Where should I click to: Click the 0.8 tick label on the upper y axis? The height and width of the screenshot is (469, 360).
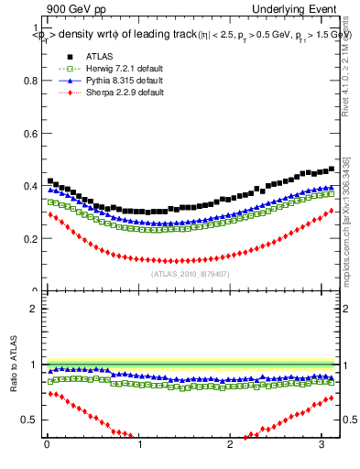pyautogui.click(x=29, y=81)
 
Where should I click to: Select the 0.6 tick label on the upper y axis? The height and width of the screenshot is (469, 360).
pyautogui.click(x=29, y=134)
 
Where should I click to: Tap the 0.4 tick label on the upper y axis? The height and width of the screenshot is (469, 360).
pyautogui.click(x=29, y=186)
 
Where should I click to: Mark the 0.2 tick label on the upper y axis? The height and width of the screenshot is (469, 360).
pyautogui.click(x=29, y=239)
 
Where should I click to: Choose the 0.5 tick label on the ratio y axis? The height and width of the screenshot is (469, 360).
pyautogui.click(x=29, y=421)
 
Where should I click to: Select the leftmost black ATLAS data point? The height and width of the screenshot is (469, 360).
pyautogui.click(x=50, y=181)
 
